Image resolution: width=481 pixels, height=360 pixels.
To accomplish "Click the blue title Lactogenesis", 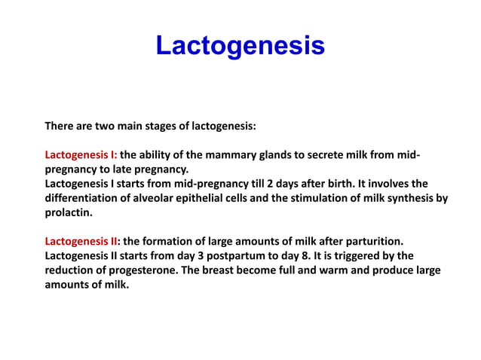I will coord(240,46).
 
